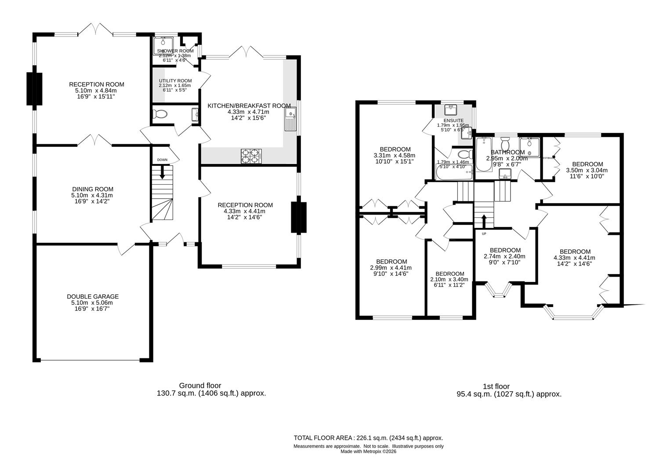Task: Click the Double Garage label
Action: pos(93,296)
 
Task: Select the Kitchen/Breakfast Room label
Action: pos(249,106)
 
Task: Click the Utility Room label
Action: pos(175,80)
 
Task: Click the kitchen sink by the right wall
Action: pos(291,120)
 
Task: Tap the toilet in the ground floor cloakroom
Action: pos(160,114)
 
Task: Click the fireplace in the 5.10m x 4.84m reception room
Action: pos(34,89)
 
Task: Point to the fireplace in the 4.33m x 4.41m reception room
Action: pos(299,217)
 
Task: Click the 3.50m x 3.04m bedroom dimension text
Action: pos(587,170)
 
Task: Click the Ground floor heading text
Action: pos(200,385)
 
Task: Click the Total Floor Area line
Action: pos(368,438)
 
